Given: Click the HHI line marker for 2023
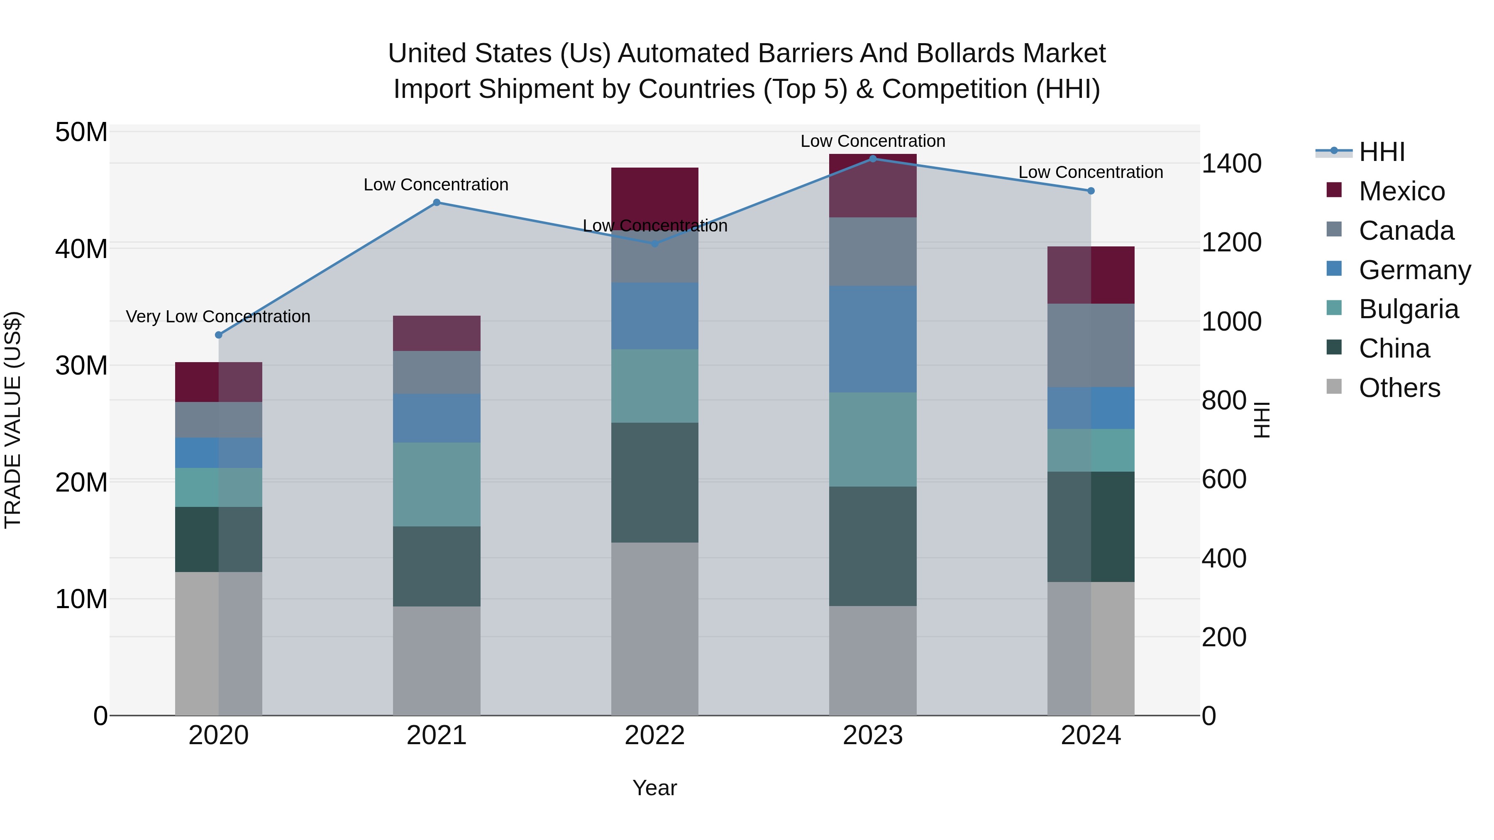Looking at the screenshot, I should [872, 158].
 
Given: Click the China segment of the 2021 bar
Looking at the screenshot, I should [436, 566].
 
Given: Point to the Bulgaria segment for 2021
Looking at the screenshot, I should [436, 484].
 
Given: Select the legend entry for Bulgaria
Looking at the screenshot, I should [1408, 309].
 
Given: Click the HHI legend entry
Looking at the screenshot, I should [1382, 152].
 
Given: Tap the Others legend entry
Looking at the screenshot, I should [1399, 388].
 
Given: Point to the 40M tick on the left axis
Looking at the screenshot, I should [81, 249].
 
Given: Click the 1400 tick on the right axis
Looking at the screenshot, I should [1231, 163].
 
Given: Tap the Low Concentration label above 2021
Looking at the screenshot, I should [436, 185].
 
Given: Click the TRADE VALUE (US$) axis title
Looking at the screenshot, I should [13, 420].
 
